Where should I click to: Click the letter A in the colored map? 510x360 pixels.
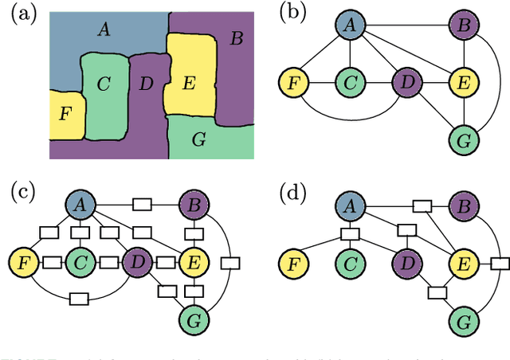[x=103, y=30]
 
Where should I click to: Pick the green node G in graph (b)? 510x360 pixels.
[x=461, y=141]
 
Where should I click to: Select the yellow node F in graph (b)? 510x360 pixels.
[x=293, y=81]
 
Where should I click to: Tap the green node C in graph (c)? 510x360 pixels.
[x=78, y=260]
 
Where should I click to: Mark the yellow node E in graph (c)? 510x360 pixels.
[x=191, y=260]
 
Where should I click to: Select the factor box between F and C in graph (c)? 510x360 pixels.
[x=52, y=260]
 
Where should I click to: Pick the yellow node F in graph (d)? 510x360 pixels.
[x=293, y=260]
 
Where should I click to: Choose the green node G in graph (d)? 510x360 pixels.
[x=461, y=321]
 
